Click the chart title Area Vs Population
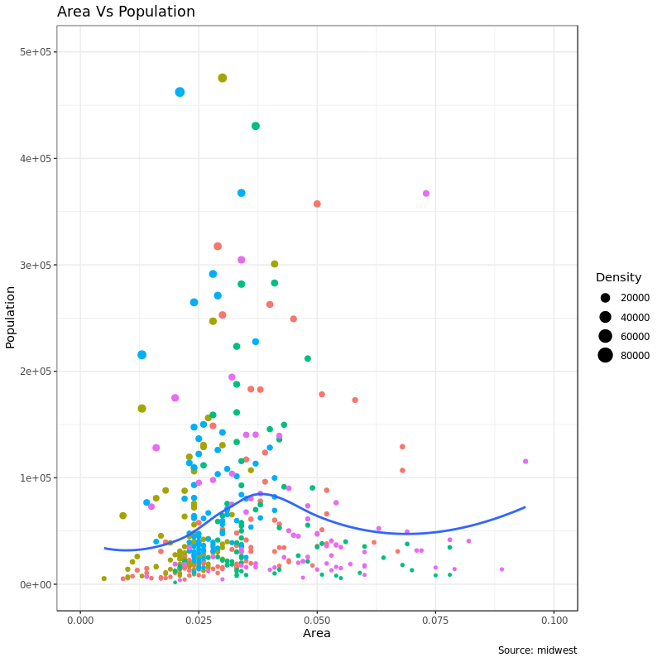(126, 12)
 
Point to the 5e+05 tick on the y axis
(36, 52)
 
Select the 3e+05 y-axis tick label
(36, 265)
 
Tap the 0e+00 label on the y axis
(36, 584)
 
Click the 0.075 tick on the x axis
(436, 620)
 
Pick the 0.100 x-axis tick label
(554, 620)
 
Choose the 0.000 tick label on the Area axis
(80, 620)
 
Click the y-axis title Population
(11, 317)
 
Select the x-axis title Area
(317, 633)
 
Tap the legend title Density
(618, 277)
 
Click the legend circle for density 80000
(605, 356)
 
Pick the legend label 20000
(635, 298)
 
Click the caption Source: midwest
(537, 650)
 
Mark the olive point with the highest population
(223, 78)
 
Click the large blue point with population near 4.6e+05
(180, 92)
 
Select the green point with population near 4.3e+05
(256, 126)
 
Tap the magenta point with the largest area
(525, 462)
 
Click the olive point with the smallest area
(104, 578)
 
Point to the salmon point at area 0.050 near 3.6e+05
(317, 204)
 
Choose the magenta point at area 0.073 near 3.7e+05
(426, 194)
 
